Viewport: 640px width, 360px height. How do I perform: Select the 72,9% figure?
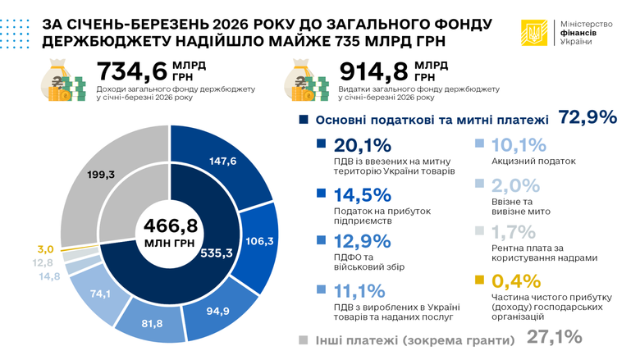point(587,118)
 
